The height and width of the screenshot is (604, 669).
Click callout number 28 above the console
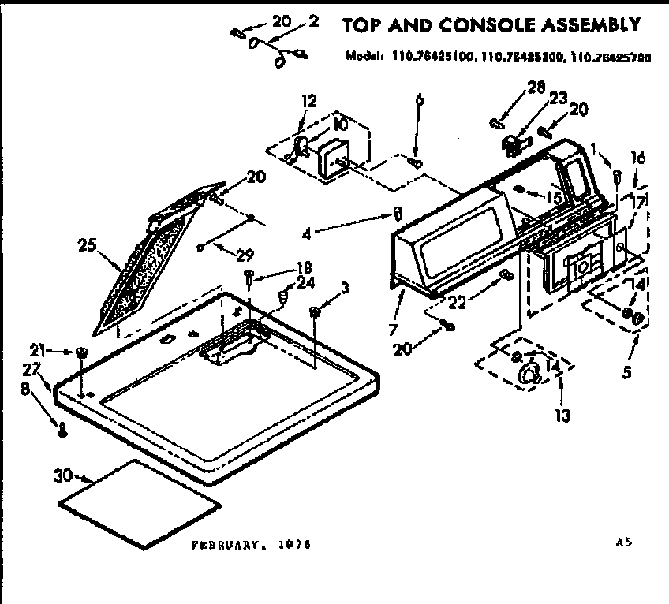[x=537, y=87]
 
